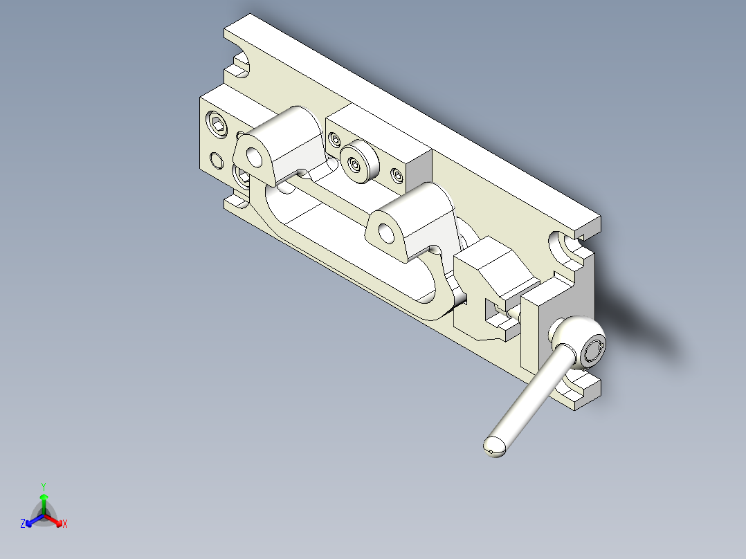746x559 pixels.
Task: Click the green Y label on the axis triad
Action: (43, 486)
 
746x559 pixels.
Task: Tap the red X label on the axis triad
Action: (64, 524)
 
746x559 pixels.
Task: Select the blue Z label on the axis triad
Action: (23, 524)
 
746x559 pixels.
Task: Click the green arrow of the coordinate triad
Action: (44, 501)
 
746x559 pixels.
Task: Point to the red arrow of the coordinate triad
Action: (55, 520)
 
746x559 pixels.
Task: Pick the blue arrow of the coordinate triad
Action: (32, 520)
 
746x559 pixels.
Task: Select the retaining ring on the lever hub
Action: (594, 351)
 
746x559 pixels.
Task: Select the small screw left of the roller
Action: (336, 141)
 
